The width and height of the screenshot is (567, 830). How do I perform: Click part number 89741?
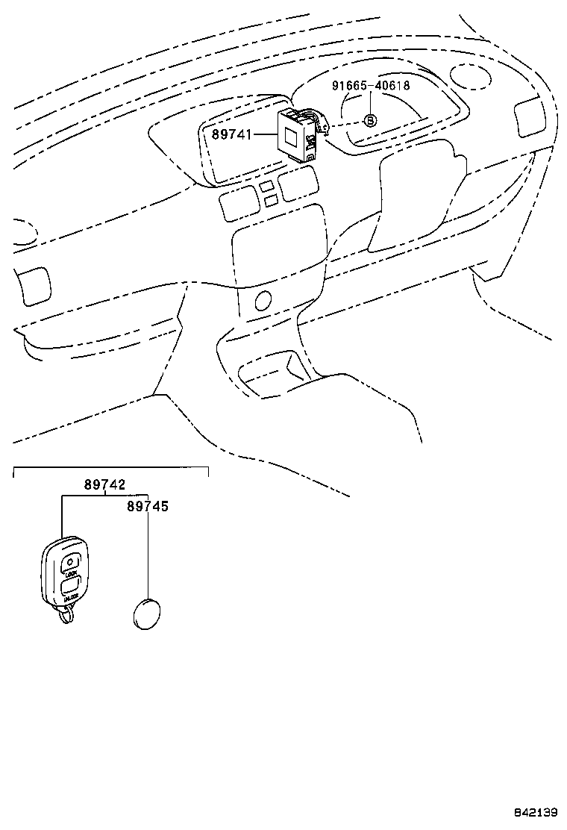[233, 135]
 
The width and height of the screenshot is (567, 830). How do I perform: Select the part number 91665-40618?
[371, 86]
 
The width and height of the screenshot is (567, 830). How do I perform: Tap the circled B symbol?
[371, 120]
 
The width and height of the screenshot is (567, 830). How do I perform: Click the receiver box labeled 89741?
[295, 134]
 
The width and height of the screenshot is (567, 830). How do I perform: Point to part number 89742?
[104, 484]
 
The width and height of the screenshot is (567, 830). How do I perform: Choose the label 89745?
[147, 506]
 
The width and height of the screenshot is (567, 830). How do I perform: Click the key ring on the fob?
[66, 616]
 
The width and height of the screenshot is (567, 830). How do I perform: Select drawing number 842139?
[533, 811]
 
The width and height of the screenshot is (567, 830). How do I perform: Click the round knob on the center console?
[262, 302]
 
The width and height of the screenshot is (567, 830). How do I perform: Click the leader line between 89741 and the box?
[266, 135]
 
